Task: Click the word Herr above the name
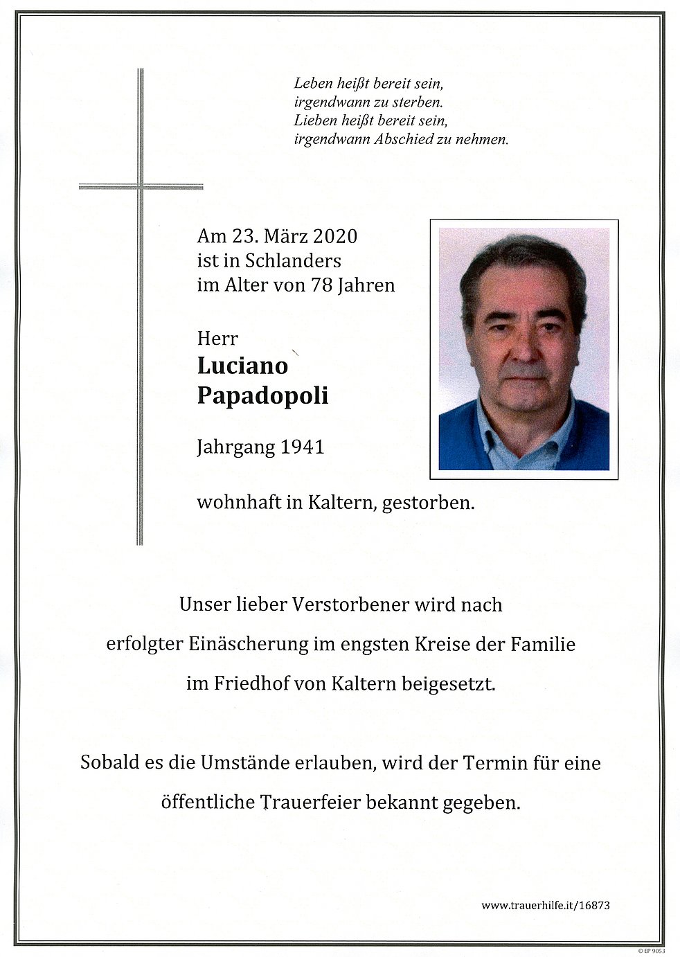tap(217, 339)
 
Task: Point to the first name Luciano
tap(242, 365)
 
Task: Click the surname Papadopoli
tap(262, 395)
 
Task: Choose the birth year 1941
tap(302, 447)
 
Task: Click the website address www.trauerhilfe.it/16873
tap(546, 905)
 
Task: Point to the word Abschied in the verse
tap(406, 139)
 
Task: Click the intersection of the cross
tap(141, 186)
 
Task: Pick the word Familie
tap(543, 644)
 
